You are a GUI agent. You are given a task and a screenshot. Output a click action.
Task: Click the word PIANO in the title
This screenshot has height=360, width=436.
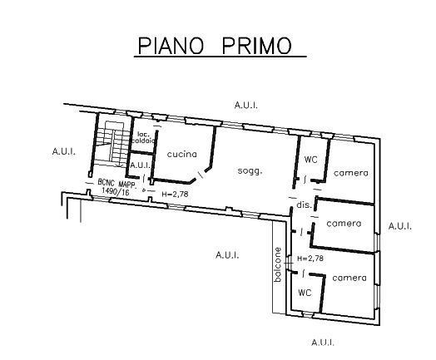tap(171, 46)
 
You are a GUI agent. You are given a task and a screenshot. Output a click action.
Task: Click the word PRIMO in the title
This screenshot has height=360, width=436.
tap(257, 46)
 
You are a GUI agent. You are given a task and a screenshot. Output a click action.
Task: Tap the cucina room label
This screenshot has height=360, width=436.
tap(182, 154)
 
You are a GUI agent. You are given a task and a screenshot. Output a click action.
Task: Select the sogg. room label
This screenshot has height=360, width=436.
tap(250, 170)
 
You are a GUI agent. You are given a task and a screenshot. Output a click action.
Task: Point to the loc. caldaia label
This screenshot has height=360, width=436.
tap(143, 137)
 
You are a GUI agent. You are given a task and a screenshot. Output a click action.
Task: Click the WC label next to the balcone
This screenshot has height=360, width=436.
tap(305, 293)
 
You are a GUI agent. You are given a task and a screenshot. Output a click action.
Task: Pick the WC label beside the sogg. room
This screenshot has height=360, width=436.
tap(310, 160)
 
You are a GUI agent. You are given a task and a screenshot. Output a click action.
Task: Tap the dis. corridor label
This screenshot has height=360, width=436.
tap(304, 205)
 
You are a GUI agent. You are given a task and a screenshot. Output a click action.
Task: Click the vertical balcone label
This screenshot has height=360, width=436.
tap(278, 264)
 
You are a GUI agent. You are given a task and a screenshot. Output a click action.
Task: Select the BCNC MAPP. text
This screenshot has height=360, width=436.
tap(116, 184)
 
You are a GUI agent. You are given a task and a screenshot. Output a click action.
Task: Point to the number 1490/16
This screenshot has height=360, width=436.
tap(116, 191)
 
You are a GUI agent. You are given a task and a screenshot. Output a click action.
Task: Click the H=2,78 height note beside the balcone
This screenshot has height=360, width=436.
tap(310, 259)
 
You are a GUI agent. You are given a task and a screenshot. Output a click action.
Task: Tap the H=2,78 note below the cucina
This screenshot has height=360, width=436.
tap(175, 194)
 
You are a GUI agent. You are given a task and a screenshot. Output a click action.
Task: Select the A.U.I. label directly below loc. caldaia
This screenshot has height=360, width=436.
tap(140, 165)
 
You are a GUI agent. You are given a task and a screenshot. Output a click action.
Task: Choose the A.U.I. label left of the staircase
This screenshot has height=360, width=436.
tap(64, 151)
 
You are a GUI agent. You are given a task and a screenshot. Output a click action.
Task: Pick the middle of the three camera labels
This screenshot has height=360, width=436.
tap(344, 224)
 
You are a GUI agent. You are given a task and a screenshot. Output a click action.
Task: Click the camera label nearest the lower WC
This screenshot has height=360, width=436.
tap(349, 278)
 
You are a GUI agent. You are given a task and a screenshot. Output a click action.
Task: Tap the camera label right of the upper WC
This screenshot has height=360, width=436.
tap(351, 173)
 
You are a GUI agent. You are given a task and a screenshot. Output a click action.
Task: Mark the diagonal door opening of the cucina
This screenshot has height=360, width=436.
tap(201, 175)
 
